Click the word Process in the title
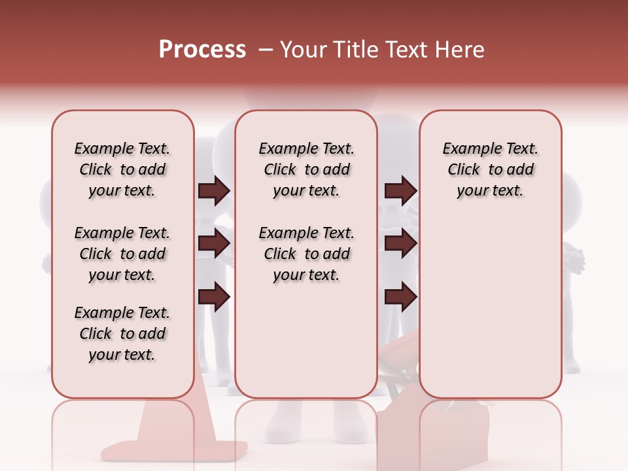point(202,50)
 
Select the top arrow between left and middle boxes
point(214,191)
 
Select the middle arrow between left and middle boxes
point(214,244)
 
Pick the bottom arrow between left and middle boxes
point(214,298)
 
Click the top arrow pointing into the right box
point(400,191)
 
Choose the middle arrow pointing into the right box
point(400,244)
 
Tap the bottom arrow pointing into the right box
point(400,298)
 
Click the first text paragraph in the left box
point(122,169)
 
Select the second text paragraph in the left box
point(122,254)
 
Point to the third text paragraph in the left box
point(122,334)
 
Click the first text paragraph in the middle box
point(306,169)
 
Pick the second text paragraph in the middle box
point(306,254)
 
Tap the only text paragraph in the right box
point(490,169)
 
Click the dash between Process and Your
point(265,50)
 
